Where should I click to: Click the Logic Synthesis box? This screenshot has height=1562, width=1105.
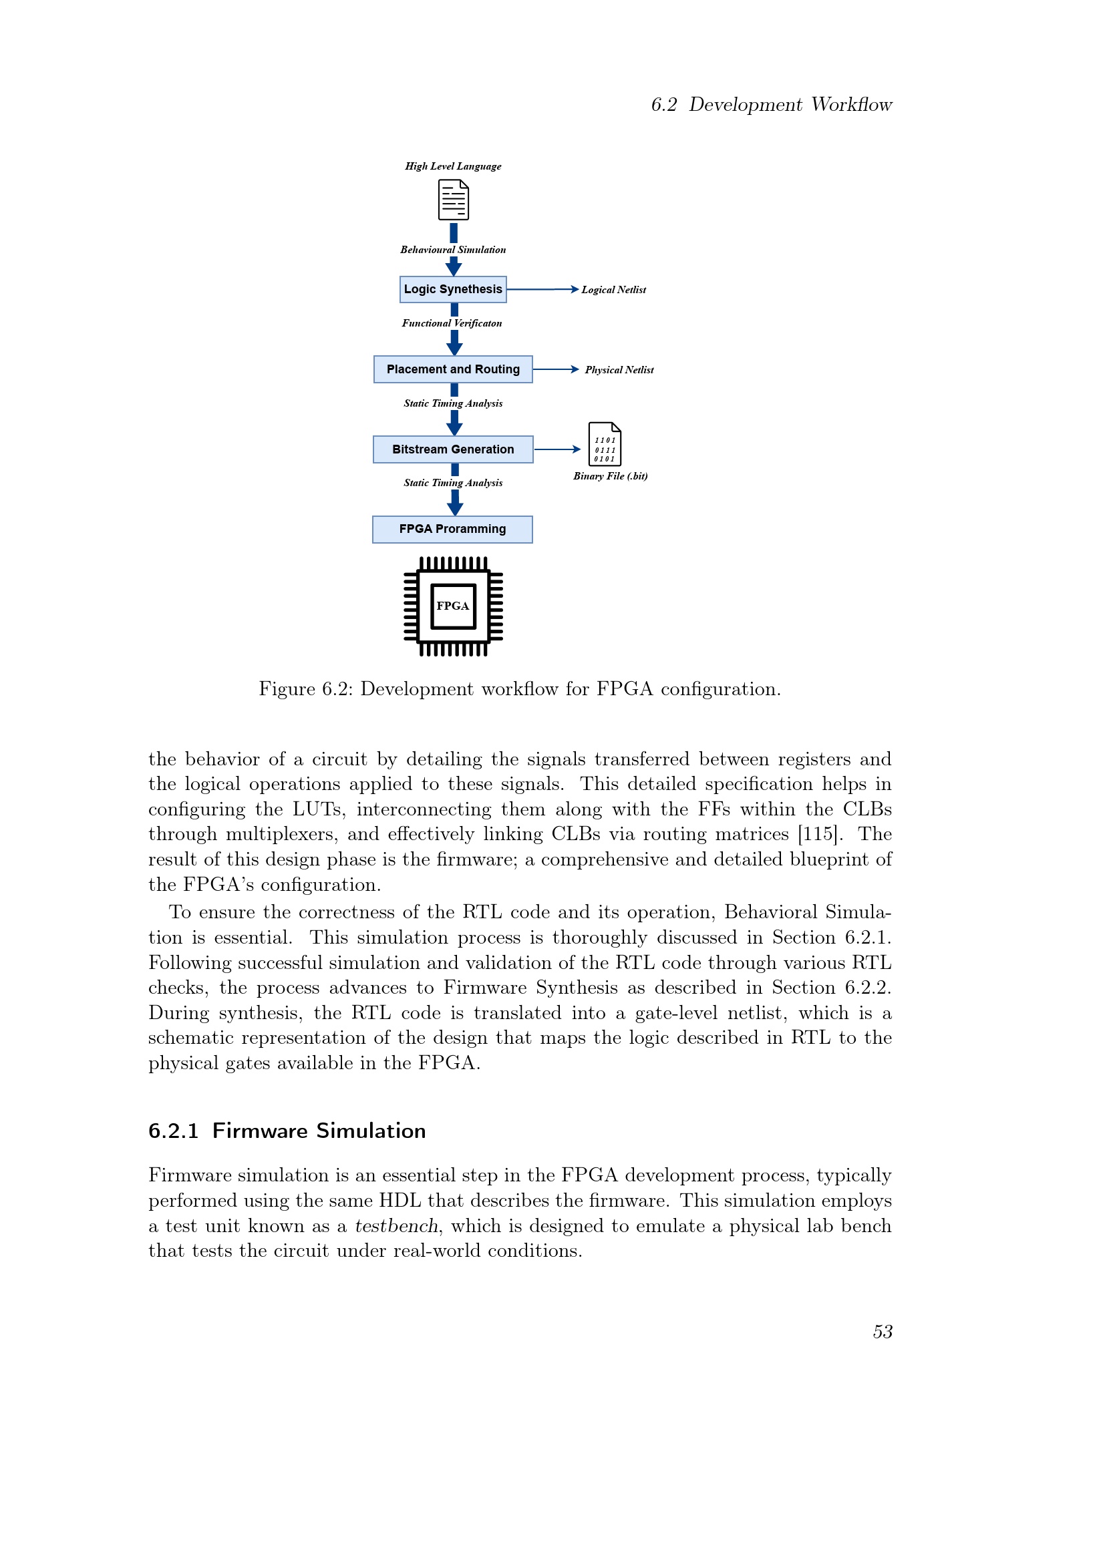point(452,289)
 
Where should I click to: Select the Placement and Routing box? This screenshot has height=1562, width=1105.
point(452,369)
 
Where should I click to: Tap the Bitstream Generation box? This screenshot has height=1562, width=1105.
point(452,449)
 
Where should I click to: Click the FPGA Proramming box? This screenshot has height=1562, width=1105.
point(452,530)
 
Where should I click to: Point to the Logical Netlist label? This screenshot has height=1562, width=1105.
point(613,290)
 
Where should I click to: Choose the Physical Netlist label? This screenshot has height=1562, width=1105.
point(619,370)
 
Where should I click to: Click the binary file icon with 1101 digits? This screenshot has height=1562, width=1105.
point(604,444)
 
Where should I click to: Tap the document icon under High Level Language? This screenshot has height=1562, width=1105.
point(453,200)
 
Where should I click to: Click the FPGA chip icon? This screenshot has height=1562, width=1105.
point(453,606)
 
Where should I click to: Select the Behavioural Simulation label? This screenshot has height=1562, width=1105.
point(452,250)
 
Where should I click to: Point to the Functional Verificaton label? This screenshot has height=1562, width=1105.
point(452,323)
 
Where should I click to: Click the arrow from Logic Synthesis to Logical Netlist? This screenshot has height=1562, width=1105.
point(542,290)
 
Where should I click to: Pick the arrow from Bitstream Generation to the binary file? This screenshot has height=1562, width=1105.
point(557,449)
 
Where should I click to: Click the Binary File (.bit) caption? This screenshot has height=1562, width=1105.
point(610,476)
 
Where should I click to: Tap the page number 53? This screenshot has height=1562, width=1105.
point(883,1332)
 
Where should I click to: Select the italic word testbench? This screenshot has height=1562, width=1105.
point(396,1226)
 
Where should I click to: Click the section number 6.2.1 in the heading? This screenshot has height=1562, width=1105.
point(174,1131)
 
